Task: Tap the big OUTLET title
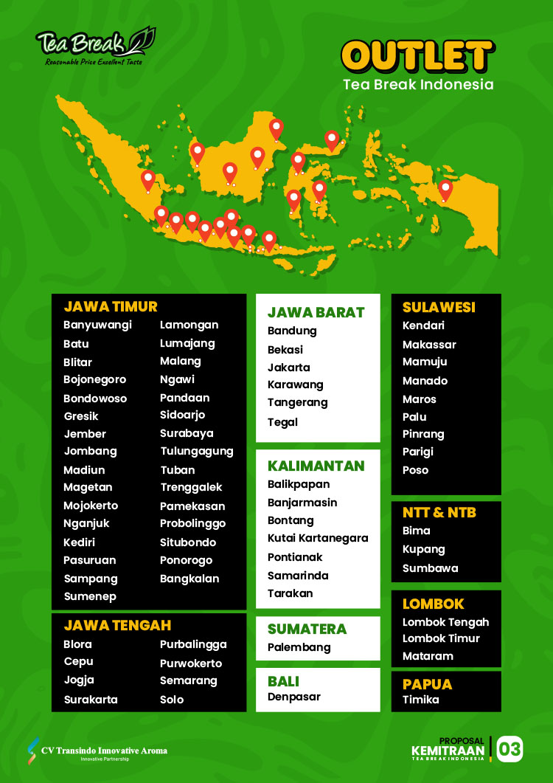click(x=417, y=56)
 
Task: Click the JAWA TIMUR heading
click(x=111, y=306)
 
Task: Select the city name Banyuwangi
click(x=97, y=325)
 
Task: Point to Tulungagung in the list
click(x=196, y=451)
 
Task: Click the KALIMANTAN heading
click(x=316, y=466)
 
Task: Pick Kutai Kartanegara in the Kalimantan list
click(x=318, y=538)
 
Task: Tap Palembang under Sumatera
click(x=299, y=647)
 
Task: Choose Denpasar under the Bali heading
click(x=294, y=696)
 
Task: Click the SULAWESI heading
click(x=439, y=307)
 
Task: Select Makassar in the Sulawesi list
click(x=429, y=345)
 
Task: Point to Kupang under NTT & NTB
click(x=424, y=549)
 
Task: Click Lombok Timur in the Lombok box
click(x=441, y=638)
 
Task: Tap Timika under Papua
click(x=420, y=699)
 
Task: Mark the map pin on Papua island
click(x=445, y=190)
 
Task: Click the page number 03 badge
click(x=509, y=749)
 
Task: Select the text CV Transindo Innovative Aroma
click(x=104, y=751)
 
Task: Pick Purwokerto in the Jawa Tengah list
click(x=191, y=663)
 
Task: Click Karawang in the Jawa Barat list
click(x=295, y=384)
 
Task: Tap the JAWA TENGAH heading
click(x=117, y=625)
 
